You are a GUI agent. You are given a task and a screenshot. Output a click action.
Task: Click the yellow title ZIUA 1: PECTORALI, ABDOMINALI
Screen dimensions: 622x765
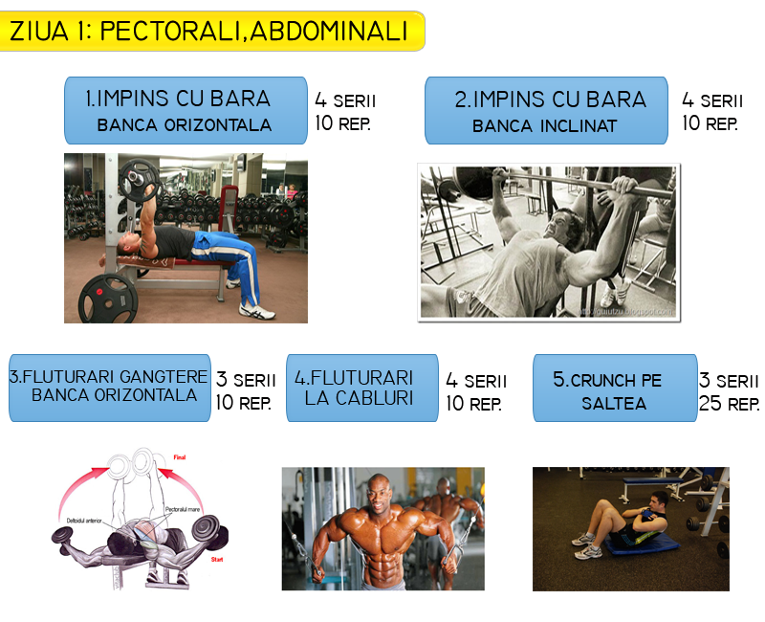[210, 31]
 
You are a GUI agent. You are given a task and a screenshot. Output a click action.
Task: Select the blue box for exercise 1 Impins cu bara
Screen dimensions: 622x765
[186, 110]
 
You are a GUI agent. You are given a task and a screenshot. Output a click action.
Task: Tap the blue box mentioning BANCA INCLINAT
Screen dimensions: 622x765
[546, 110]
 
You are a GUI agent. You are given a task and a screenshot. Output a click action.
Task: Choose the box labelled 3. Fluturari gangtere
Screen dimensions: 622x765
[109, 387]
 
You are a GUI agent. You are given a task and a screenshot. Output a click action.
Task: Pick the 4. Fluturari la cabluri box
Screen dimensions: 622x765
[361, 387]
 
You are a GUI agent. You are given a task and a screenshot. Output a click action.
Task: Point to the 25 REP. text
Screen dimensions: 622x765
[730, 404]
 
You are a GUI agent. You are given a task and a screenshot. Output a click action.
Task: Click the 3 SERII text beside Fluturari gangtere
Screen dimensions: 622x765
[246, 380]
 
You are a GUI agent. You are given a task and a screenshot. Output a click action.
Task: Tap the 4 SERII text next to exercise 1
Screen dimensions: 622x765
[345, 100]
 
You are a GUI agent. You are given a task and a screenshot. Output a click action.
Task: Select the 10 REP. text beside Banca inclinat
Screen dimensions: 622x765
[710, 123]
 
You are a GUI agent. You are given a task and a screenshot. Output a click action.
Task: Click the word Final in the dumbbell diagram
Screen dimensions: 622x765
[179, 458]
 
